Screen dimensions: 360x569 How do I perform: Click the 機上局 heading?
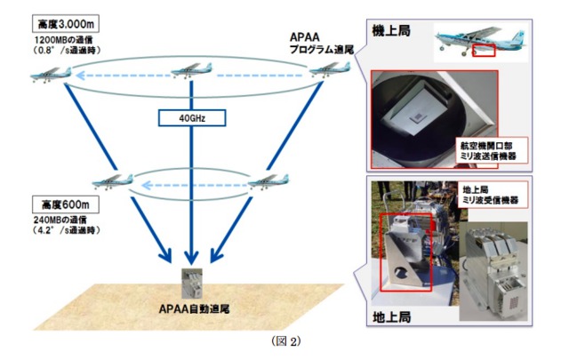pos(390,29)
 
